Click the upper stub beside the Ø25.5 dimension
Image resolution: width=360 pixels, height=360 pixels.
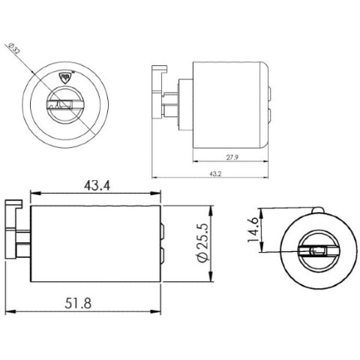coord(162,230)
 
